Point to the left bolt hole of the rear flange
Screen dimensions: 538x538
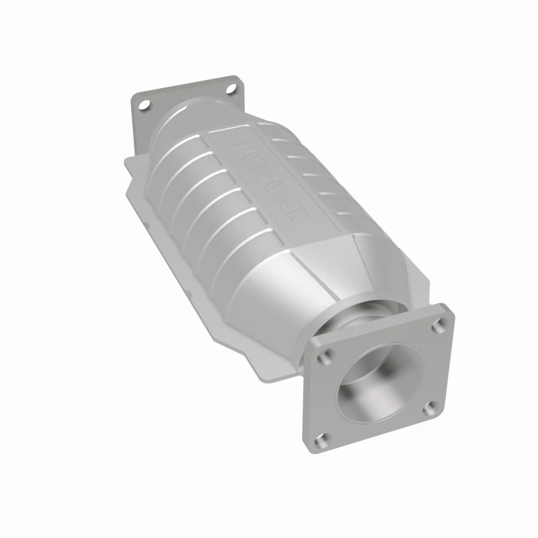coord(143,105)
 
